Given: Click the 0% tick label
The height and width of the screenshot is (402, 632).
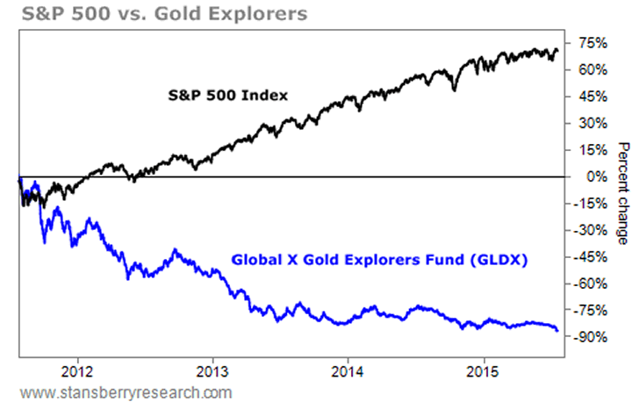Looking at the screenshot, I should pos(589,177).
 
